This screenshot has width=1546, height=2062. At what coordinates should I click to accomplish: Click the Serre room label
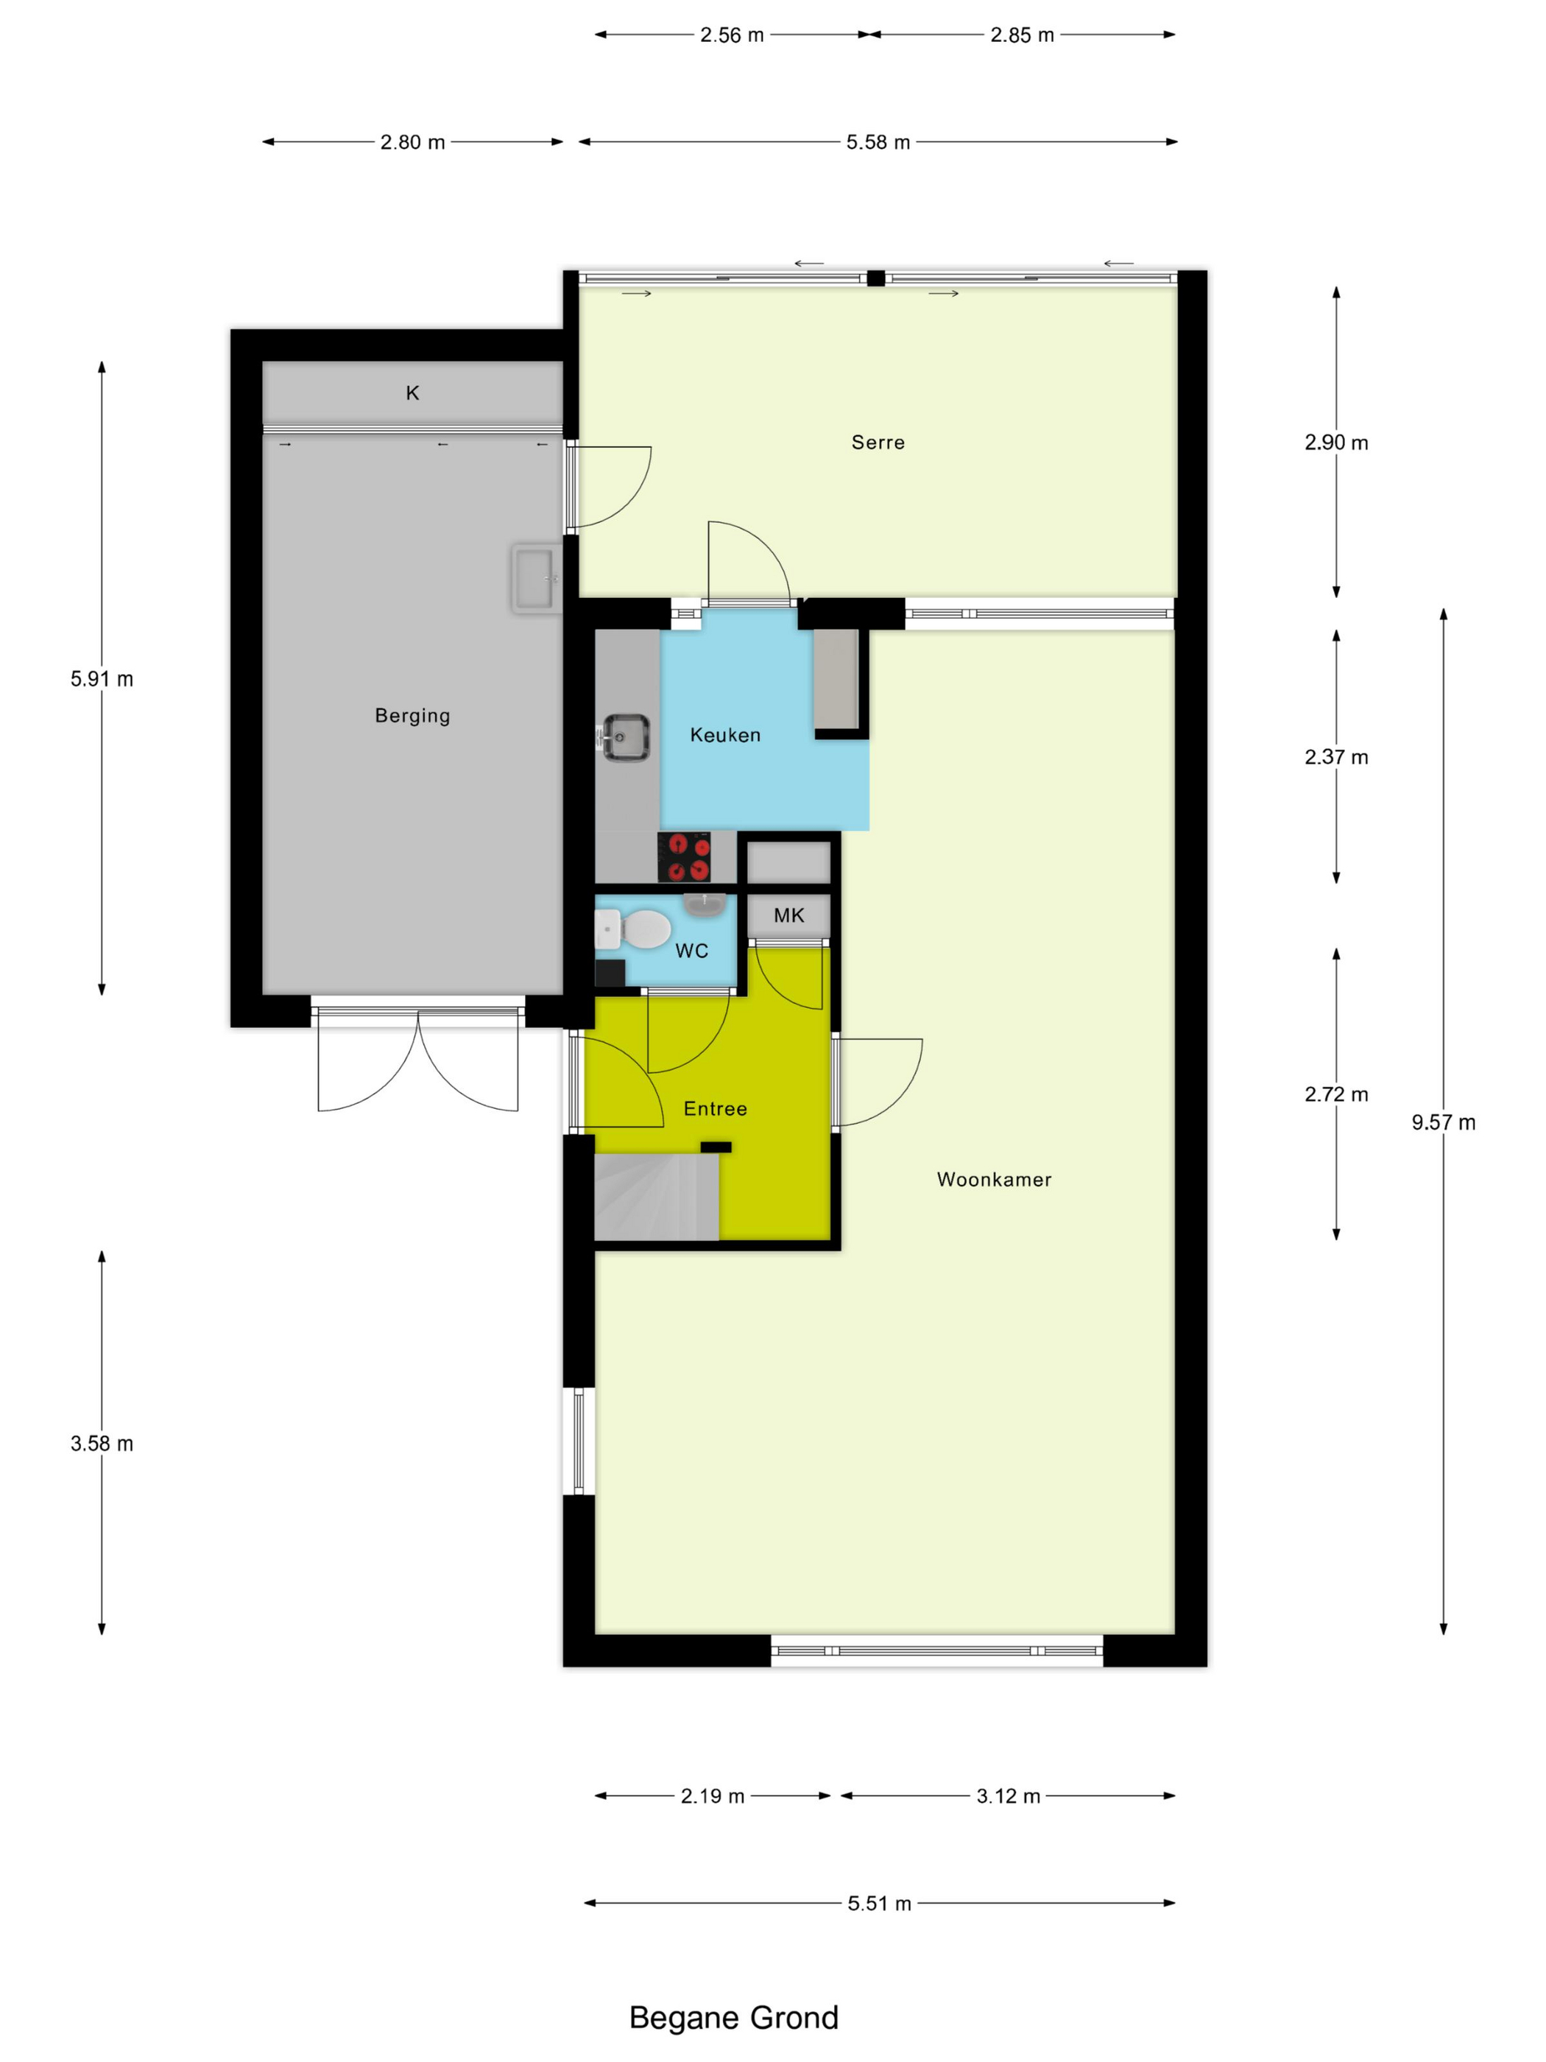878,442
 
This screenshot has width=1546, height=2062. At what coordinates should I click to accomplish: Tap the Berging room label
412,716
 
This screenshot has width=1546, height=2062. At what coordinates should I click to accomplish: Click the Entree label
715,1108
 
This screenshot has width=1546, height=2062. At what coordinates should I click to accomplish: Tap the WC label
691,951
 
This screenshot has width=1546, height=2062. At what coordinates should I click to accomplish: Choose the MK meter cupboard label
788,915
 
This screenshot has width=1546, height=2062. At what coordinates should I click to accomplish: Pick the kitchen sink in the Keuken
625,737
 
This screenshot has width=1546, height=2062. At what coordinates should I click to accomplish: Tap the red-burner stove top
684,856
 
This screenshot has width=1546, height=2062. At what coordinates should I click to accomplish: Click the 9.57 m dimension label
1442,1122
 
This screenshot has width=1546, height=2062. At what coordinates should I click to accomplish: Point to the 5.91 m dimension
102,679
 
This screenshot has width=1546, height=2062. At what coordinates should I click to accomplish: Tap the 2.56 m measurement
732,35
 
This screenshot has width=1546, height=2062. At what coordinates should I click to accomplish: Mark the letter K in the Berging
412,393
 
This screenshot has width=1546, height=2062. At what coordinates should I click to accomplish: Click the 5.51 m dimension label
879,1904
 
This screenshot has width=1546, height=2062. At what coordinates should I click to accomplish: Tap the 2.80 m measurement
412,143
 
